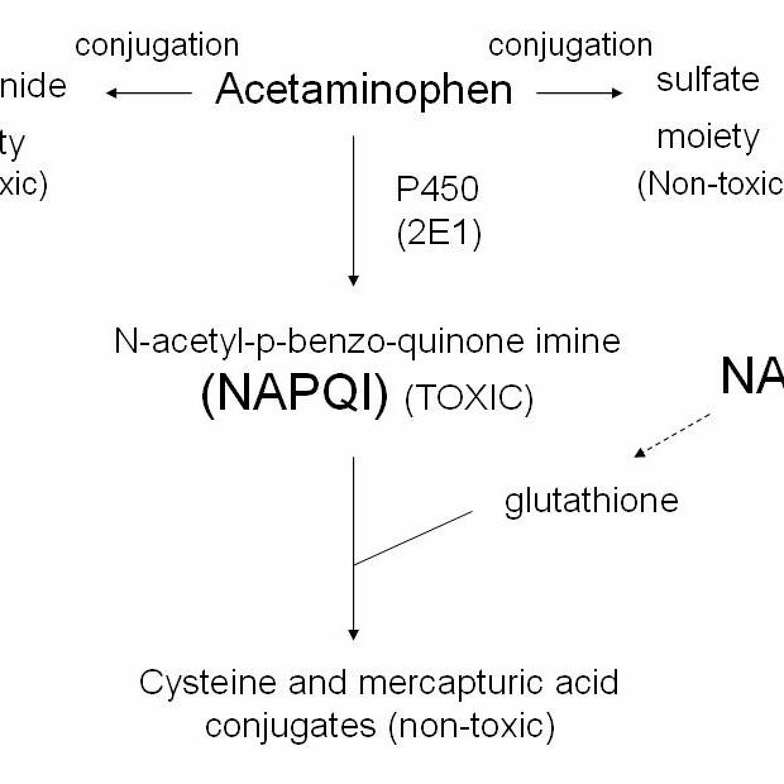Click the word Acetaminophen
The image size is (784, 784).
(x=364, y=90)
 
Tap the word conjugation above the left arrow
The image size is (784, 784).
(x=157, y=45)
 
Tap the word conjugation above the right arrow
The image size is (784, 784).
(x=570, y=45)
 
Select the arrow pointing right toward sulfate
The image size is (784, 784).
(x=579, y=93)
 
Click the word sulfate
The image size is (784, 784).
(x=708, y=80)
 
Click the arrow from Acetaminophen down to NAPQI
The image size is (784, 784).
(x=353, y=211)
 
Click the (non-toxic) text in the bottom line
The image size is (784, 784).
(x=471, y=726)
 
